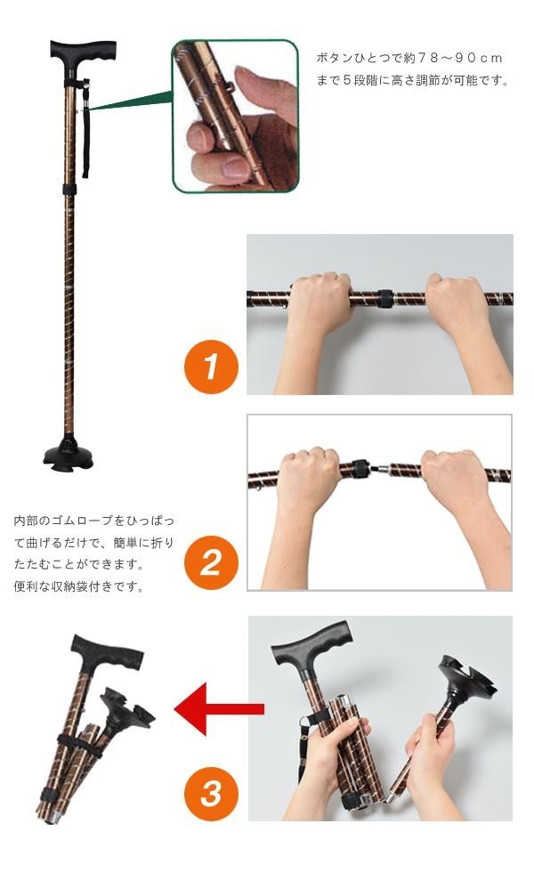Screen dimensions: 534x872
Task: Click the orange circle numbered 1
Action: [x=211, y=367]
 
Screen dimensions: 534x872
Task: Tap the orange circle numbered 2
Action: [x=211, y=562]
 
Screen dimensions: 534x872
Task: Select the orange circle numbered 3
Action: [x=211, y=794]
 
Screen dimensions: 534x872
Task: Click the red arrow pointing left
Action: [x=219, y=708]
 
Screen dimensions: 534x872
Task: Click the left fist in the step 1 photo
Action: [x=320, y=302]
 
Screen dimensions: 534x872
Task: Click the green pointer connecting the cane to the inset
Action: [x=131, y=102]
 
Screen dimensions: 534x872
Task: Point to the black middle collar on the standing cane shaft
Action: [x=69, y=190]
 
